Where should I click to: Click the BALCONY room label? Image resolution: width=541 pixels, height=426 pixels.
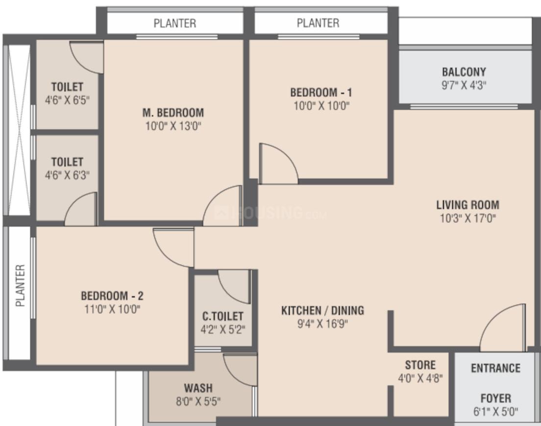click(x=464, y=72)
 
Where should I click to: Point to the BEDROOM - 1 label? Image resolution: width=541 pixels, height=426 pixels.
click(x=321, y=92)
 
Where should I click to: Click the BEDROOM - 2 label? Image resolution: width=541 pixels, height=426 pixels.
click(x=112, y=296)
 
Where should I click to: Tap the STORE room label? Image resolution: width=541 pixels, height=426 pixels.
click(x=420, y=365)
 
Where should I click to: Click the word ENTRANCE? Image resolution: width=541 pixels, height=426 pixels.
click(x=495, y=368)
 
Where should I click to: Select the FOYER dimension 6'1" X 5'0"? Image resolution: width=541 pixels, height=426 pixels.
click(x=495, y=411)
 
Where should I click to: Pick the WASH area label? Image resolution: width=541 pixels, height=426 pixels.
click(x=198, y=389)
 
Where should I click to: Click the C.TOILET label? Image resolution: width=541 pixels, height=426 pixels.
click(x=222, y=317)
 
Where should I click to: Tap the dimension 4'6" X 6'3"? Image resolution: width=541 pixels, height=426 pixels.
click(x=67, y=175)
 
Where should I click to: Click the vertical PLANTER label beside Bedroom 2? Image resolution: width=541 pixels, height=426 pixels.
click(x=20, y=293)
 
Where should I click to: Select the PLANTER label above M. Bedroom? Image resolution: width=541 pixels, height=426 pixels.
click(x=175, y=23)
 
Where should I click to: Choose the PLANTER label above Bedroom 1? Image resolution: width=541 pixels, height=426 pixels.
click(x=318, y=23)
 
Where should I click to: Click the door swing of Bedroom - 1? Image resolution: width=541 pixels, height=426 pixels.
click(x=277, y=164)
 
